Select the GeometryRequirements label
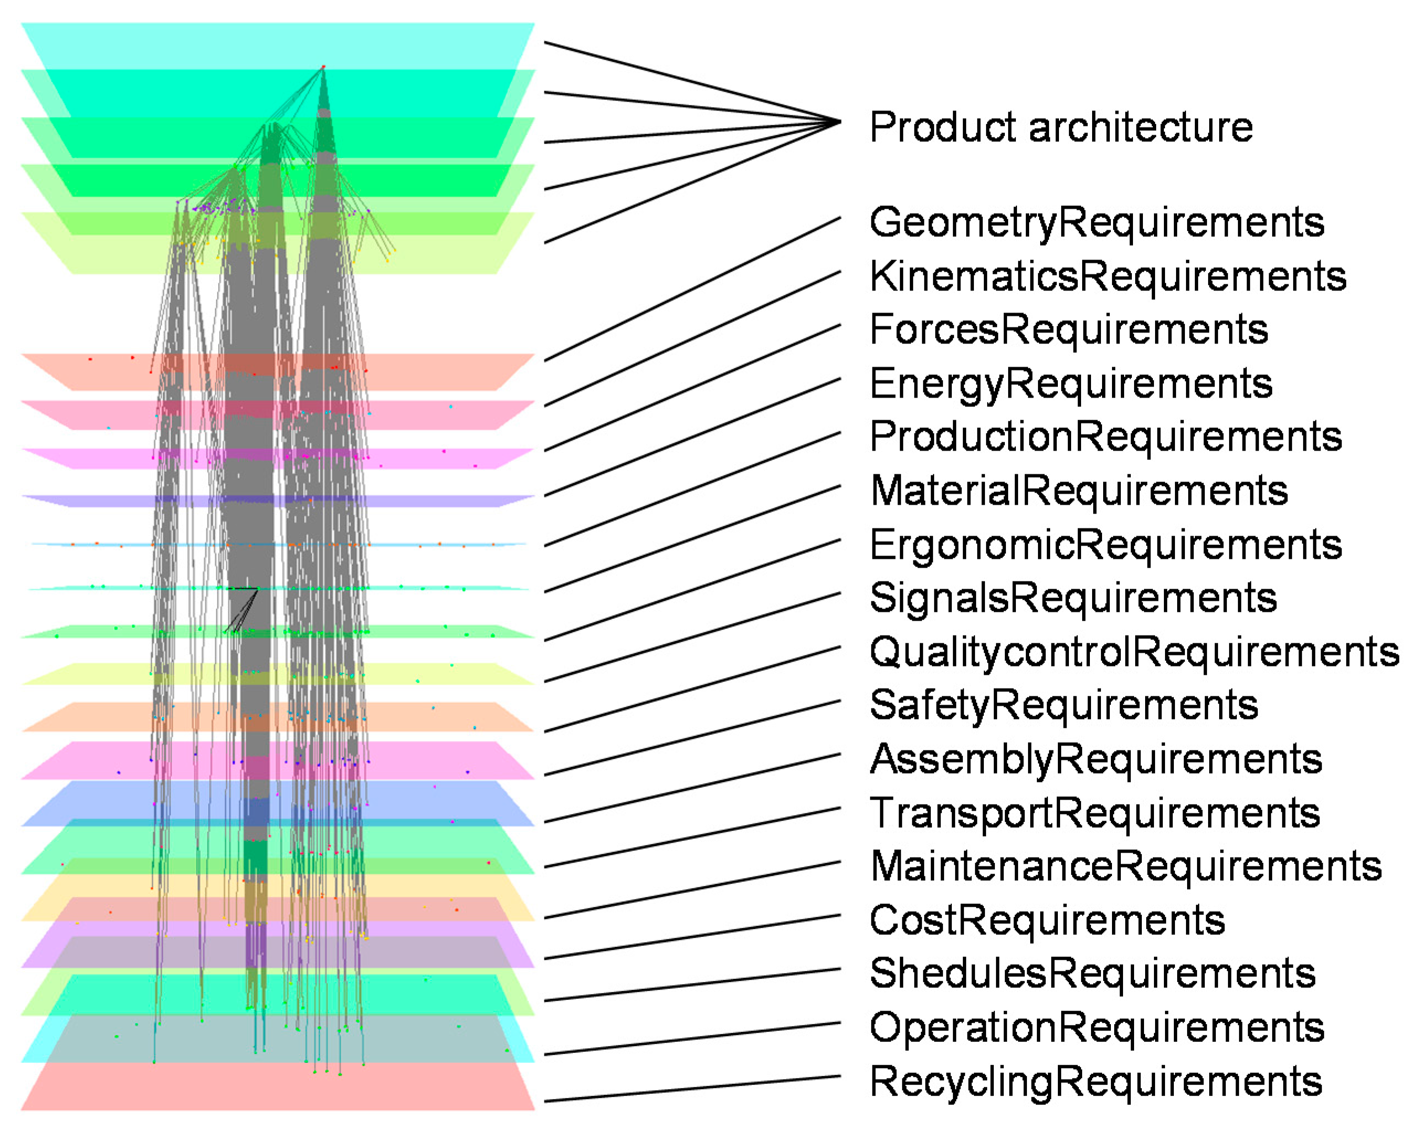[1097, 223]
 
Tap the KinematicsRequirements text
[1107, 276]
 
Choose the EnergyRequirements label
[1071, 384]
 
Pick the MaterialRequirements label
[1079, 491]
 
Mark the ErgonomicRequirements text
[1105, 545]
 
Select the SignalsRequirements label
[1073, 599]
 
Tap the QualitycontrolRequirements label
[1134, 653]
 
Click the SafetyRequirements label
[1063, 706]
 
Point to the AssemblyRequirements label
[1095, 760]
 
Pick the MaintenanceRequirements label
[1125, 867]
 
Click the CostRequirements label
[1047, 920]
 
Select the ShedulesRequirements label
[1092, 973]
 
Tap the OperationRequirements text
[1097, 1028]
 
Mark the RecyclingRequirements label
[1095, 1082]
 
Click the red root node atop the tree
[324, 67]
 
